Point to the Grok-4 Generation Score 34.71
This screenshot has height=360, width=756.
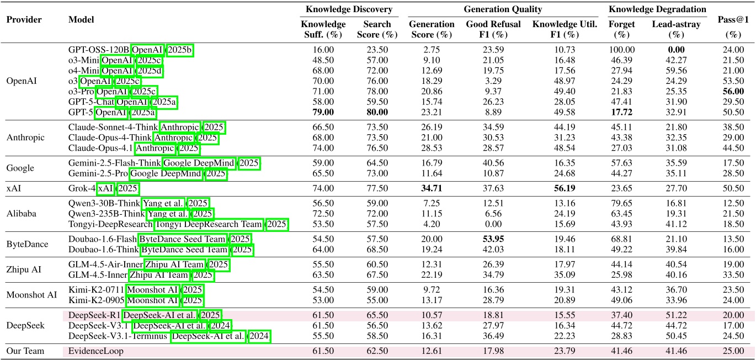tap(431, 189)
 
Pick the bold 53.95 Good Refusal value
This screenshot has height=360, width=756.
tap(486, 239)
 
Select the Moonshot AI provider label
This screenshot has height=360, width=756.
tap(29, 295)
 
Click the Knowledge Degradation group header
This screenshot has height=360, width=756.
tap(657, 9)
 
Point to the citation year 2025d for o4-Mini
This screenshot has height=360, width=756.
tap(150, 71)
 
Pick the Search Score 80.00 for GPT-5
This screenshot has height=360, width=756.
tap(377, 112)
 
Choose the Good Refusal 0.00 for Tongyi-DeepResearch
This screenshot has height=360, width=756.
tap(486, 225)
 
